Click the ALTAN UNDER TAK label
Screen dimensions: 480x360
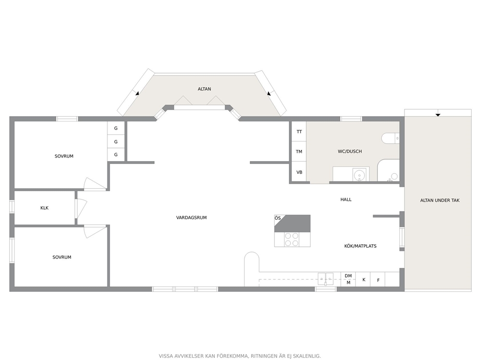pos(439,200)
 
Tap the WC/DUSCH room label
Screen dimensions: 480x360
pos(349,151)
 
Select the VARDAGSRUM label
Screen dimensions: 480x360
pos(191,218)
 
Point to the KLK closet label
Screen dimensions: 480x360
pos(45,208)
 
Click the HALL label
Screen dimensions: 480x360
pos(346,199)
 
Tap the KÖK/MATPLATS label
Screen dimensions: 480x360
pos(360,246)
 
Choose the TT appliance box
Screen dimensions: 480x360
pos(299,132)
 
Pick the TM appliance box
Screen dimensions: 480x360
pos(299,151)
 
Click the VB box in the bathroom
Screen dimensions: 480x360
pos(299,172)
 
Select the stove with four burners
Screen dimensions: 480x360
pos(291,240)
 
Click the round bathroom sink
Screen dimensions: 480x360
pos(359,175)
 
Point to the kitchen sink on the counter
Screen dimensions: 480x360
pos(326,279)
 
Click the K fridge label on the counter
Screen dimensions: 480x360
pos(364,280)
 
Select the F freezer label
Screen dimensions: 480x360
pos(378,280)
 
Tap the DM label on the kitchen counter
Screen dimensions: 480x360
pos(348,276)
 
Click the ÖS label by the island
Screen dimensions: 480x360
pos(278,218)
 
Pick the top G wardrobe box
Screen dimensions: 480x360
pos(116,128)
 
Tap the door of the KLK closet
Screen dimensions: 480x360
pos(81,209)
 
